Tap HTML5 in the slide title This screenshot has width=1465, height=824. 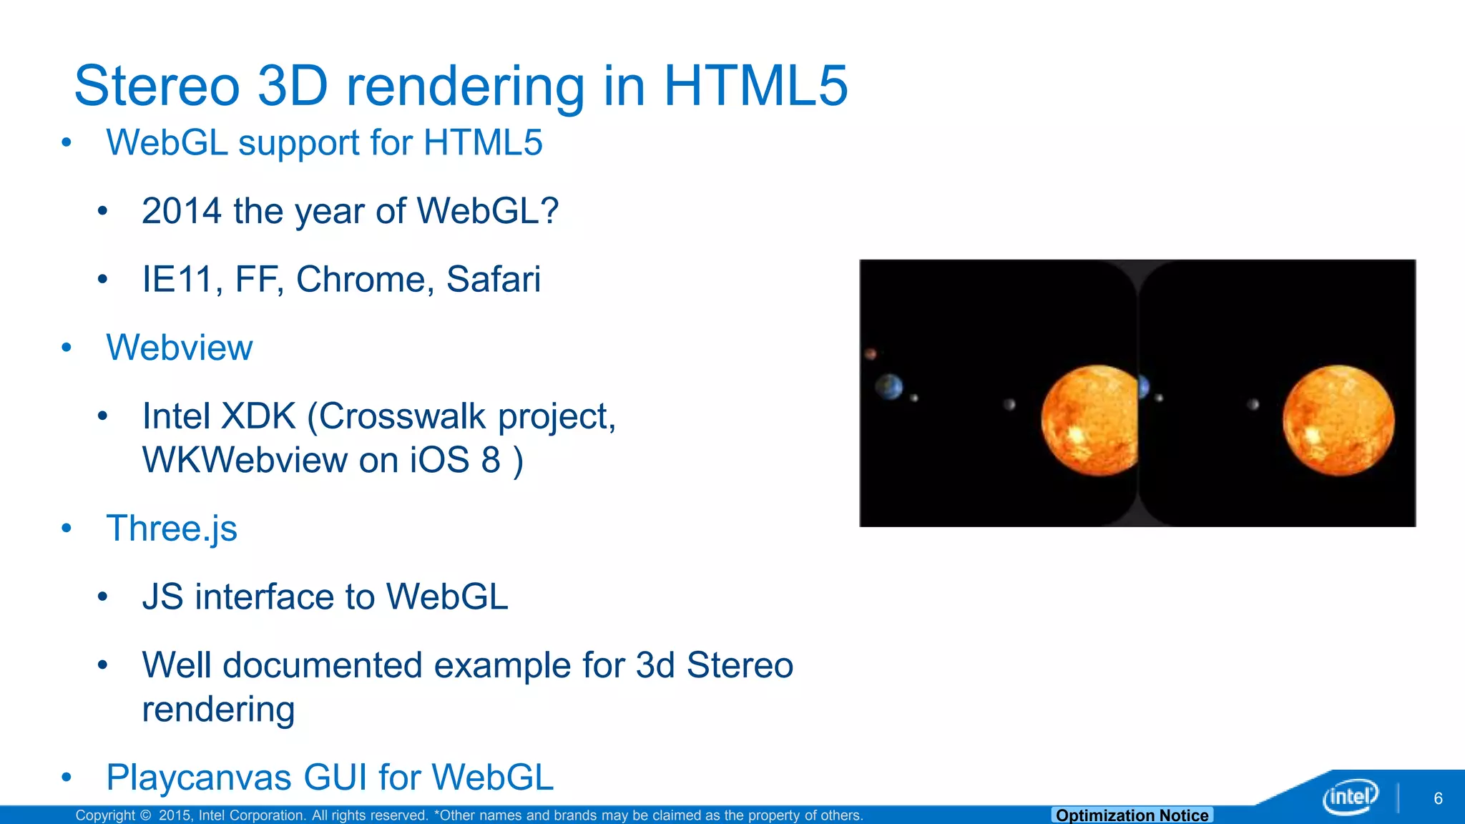[755, 86]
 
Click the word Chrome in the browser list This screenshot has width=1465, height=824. [365, 279]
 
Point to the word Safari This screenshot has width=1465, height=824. [493, 279]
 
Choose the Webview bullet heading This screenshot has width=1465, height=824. [179, 348]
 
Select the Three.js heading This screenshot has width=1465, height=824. [172, 529]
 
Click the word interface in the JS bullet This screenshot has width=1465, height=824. [285, 597]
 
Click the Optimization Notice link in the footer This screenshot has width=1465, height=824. [1132, 815]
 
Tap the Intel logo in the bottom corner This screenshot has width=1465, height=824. [1349, 796]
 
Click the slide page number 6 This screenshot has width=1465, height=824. [1438, 798]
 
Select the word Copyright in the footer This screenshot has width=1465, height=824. [105, 815]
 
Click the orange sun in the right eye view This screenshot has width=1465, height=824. [1338, 421]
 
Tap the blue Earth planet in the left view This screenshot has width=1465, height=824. [889, 387]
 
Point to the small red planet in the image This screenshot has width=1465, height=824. [871, 353]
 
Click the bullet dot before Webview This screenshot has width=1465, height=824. [67, 348]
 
